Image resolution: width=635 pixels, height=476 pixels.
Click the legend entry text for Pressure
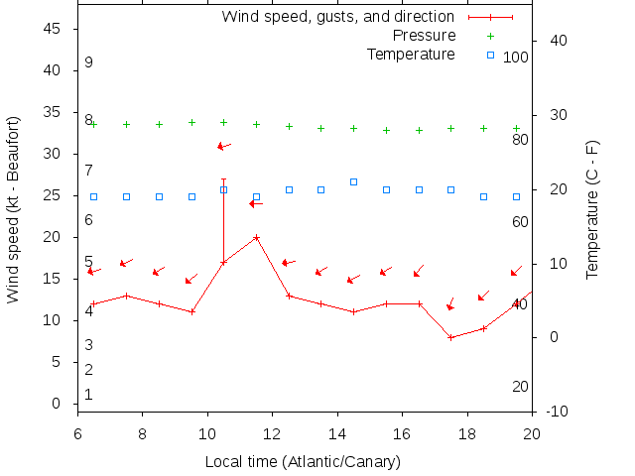(x=424, y=36)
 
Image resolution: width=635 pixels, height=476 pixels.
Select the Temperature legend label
(x=411, y=54)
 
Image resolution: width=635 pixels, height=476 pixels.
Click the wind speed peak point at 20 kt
(x=256, y=237)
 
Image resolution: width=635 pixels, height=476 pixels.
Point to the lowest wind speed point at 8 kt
(x=450, y=337)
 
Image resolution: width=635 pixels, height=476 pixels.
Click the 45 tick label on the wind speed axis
(x=54, y=29)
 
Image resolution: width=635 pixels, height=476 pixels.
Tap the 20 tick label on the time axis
(x=532, y=433)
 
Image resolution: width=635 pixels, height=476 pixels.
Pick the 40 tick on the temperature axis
(x=558, y=41)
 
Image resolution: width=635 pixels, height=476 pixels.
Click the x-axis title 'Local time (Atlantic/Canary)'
(x=303, y=462)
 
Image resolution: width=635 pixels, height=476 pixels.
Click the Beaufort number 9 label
(x=88, y=62)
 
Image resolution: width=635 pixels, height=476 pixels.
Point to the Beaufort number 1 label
(x=88, y=395)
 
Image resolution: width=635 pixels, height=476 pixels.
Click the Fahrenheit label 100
(x=516, y=58)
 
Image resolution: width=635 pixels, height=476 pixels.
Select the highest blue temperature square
(x=353, y=181)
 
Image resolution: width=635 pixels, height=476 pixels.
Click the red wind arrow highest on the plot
(x=223, y=146)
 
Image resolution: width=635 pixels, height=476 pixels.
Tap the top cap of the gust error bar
(x=223, y=179)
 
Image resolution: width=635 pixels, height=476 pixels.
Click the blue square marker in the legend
(x=490, y=55)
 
